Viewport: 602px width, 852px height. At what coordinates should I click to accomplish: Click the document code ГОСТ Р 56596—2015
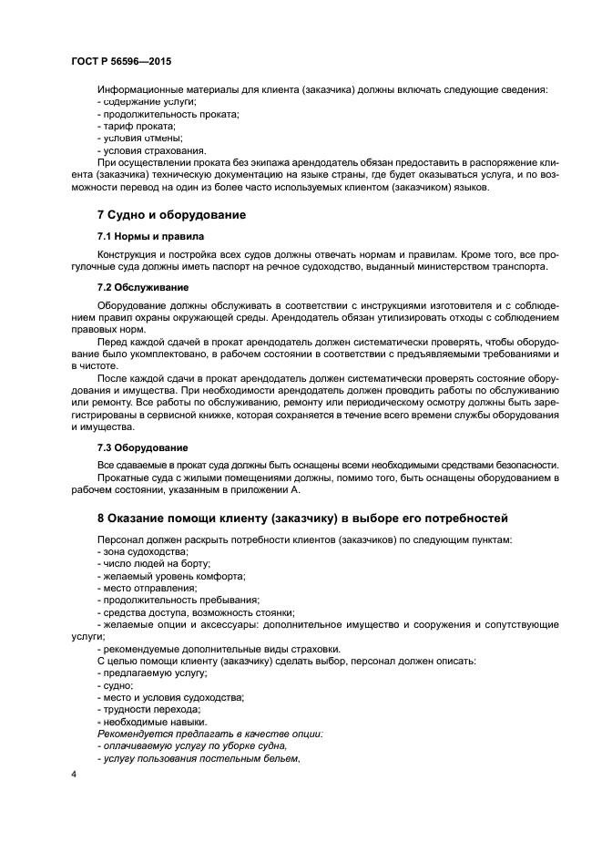point(120,61)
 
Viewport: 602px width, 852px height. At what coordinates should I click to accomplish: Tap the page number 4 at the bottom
point(74,775)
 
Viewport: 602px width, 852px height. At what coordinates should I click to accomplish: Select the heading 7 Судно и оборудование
point(172,214)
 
